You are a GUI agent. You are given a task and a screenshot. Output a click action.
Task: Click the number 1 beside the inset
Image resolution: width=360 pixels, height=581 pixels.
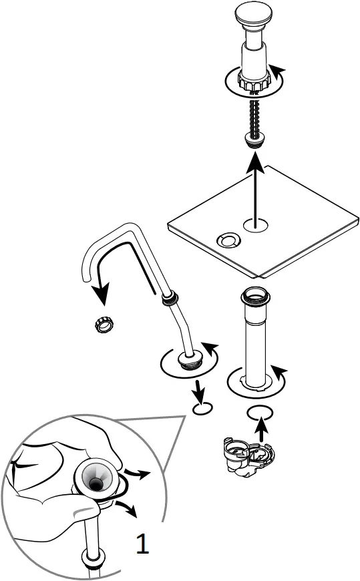point(142,544)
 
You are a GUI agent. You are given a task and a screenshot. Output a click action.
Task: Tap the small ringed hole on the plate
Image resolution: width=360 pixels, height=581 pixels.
point(229,238)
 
